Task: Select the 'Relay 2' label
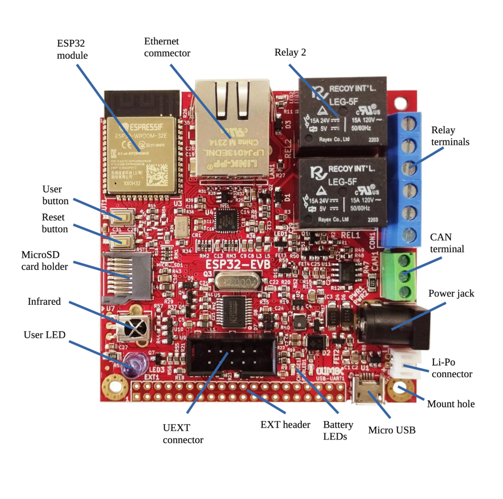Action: (x=290, y=52)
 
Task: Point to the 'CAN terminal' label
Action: (x=447, y=242)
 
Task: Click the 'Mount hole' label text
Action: (x=451, y=404)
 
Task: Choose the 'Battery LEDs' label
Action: (x=338, y=431)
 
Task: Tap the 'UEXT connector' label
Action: (x=183, y=434)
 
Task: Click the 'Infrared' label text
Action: (x=44, y=301)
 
